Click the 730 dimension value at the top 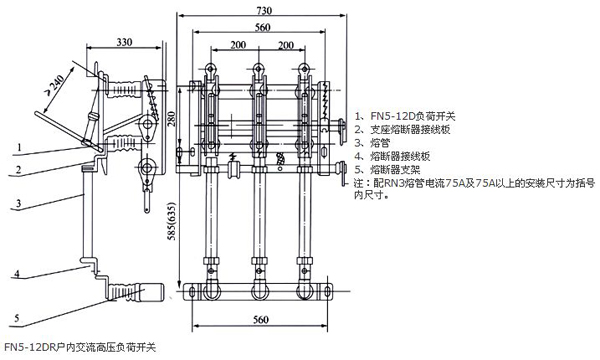pyautogui.click(x=264, y=10)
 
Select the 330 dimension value pyautogui.click(x=124, y=42)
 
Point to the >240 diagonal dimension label pyautogui.click(x=55, y=85)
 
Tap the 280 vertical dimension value pyautogui.click(x=171, y=119)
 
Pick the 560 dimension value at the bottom pyautogui.click(x=261, y=319)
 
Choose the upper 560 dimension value pyautogui.click(x=262, y=27)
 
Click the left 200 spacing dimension pyautogui.click(x=238, y=45)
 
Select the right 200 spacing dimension pyautogui.click(x=285, y=45)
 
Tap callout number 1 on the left pyautogui.click(x=19, y=147)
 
